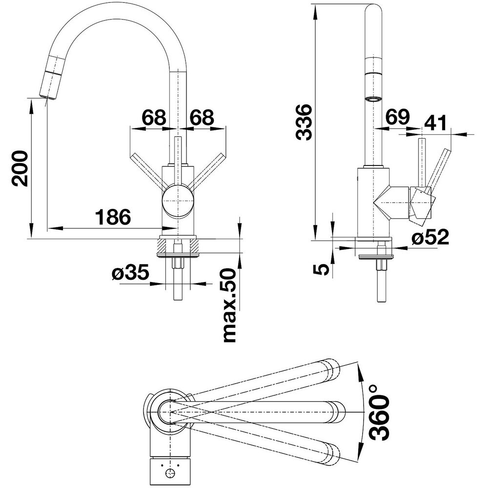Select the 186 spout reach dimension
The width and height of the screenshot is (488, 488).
point(113,217)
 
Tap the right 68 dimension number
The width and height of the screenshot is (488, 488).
point(202,118)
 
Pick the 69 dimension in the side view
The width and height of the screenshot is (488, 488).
point(397,118)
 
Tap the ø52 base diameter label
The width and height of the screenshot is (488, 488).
point(429,238)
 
